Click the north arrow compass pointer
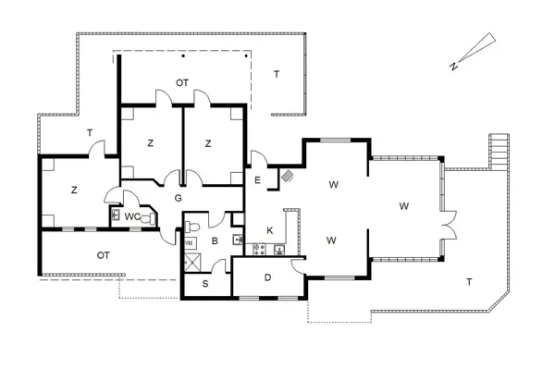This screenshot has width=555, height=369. click(475, 50)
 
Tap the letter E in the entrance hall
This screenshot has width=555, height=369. click(257, 180)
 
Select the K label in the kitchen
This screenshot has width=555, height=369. click(270, 231)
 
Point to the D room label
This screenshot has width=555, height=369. click(267, 277)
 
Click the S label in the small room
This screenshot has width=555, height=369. click(205, 284)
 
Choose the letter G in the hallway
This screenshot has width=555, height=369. click(178, 198)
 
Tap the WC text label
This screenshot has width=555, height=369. click(132, 217)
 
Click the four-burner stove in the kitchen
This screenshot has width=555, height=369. click(259, 249)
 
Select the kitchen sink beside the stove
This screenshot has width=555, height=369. click(279, 250)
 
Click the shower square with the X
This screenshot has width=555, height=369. click(192, 263)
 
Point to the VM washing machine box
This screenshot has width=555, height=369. click(190, 243)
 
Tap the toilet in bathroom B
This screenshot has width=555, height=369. click(192, 226)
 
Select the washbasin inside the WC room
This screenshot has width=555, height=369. click(116, 215)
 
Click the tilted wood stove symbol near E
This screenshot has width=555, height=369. click(287, 176)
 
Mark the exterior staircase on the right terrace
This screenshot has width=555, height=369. click(499, 151)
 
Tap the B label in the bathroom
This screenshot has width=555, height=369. click(215, 241)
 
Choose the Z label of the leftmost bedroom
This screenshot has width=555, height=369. click(74, 190)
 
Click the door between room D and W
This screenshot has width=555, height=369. click(297, 266)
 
